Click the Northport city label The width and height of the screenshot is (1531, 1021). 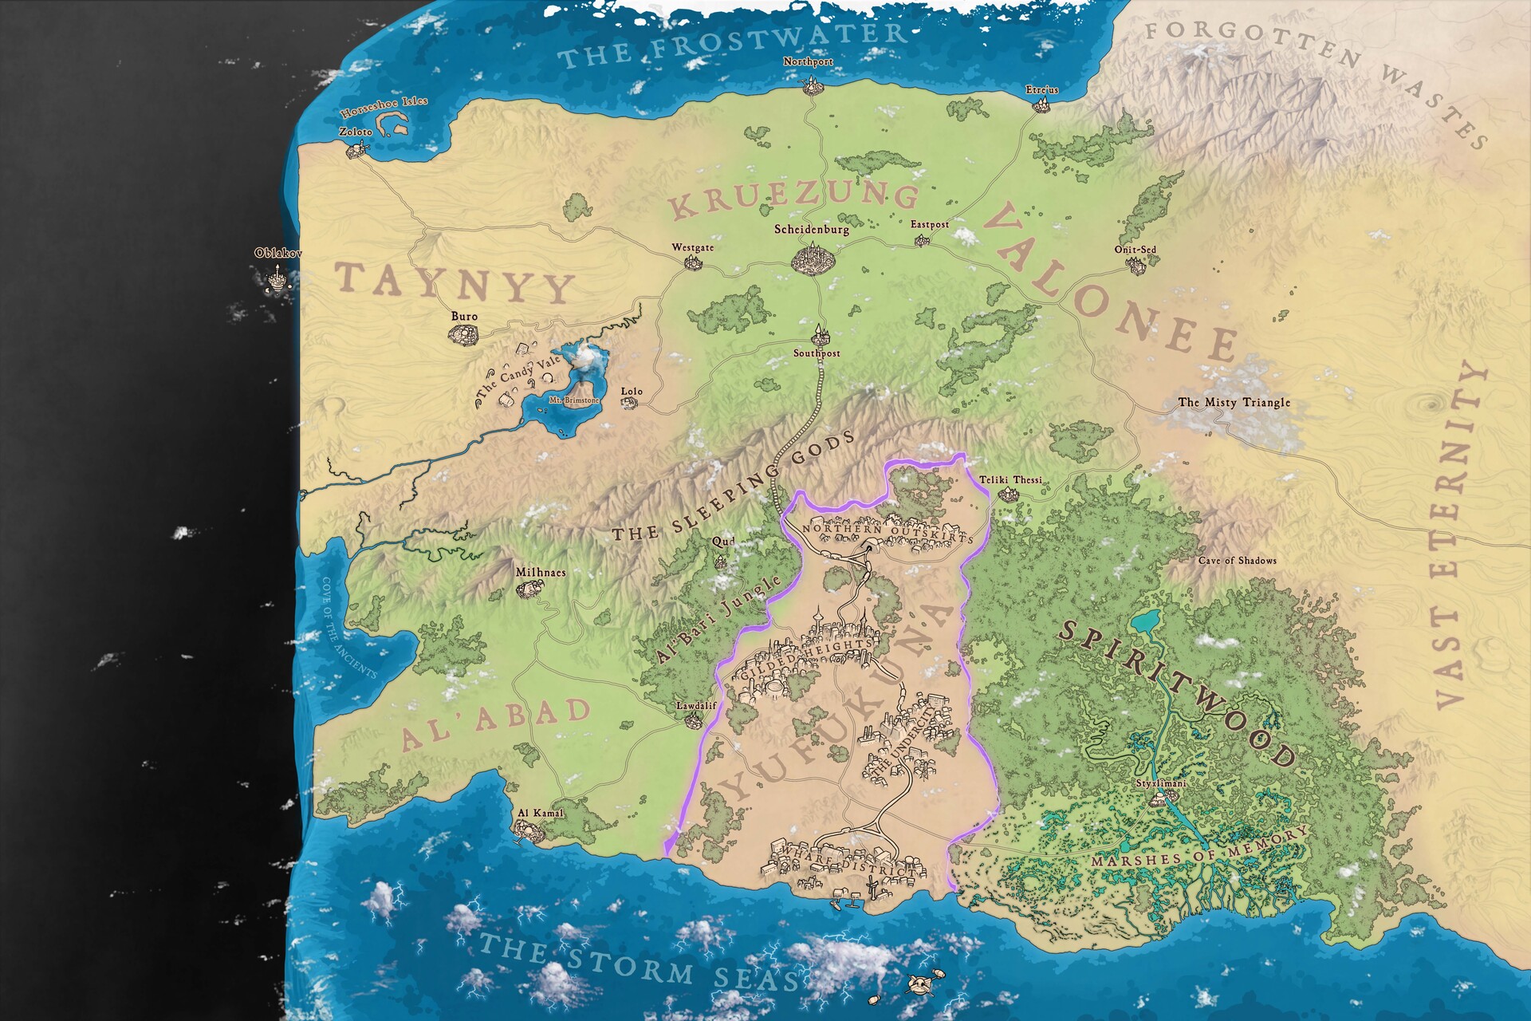[808, 61]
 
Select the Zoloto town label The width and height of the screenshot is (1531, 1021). [356, 132]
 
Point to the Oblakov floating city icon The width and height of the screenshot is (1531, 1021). [277, 278]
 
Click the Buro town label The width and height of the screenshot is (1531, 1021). [464, 317]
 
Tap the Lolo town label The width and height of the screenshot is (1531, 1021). [632, 392]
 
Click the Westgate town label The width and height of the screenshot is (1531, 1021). [692, 248]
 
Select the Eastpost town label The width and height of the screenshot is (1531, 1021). [930, 225]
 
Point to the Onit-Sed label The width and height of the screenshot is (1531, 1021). [1135, 250]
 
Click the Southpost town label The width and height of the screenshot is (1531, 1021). [817, 353]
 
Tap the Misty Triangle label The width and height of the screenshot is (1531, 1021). [1234, 403]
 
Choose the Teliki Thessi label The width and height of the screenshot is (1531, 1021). [1010, 480]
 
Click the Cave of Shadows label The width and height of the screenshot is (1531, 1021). [1237, 561]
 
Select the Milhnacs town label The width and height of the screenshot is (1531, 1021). [540, 573]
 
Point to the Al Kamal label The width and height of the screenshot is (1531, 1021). [540, 814]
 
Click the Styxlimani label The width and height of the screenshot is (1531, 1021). [1161, 783]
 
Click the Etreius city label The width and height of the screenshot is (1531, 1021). [1042, 90]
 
